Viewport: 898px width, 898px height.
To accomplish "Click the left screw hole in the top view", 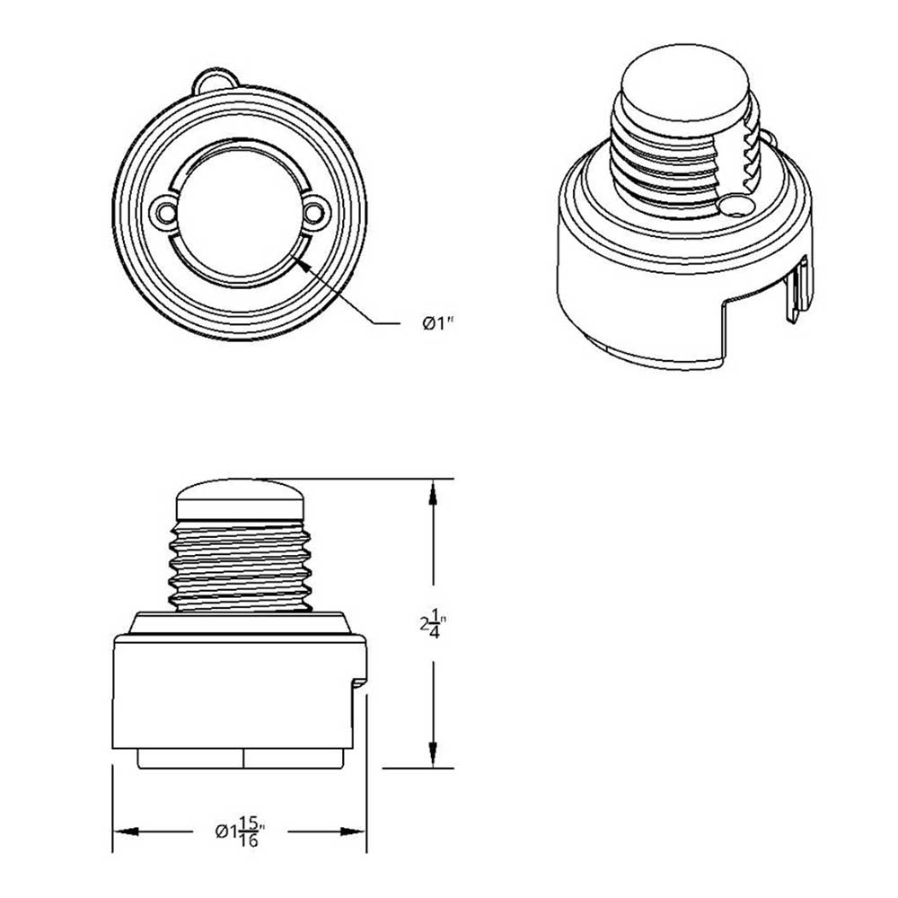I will click(x=163, y=211).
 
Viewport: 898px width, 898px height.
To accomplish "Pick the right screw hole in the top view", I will click(x=314, y=213).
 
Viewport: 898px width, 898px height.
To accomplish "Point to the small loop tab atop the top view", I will click(x=216, y=81).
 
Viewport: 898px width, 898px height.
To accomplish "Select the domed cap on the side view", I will click(x=240, y=499).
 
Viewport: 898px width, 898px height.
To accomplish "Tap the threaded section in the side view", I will click(x=240, y=566).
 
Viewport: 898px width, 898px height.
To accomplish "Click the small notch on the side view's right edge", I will click(x=361, y=683).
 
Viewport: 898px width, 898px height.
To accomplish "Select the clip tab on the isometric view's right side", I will click(x=797, y=287).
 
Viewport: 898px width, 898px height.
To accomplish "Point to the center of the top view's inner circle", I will click(x=239, y=213).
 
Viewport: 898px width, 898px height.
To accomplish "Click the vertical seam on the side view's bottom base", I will click(x=243, y=758).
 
